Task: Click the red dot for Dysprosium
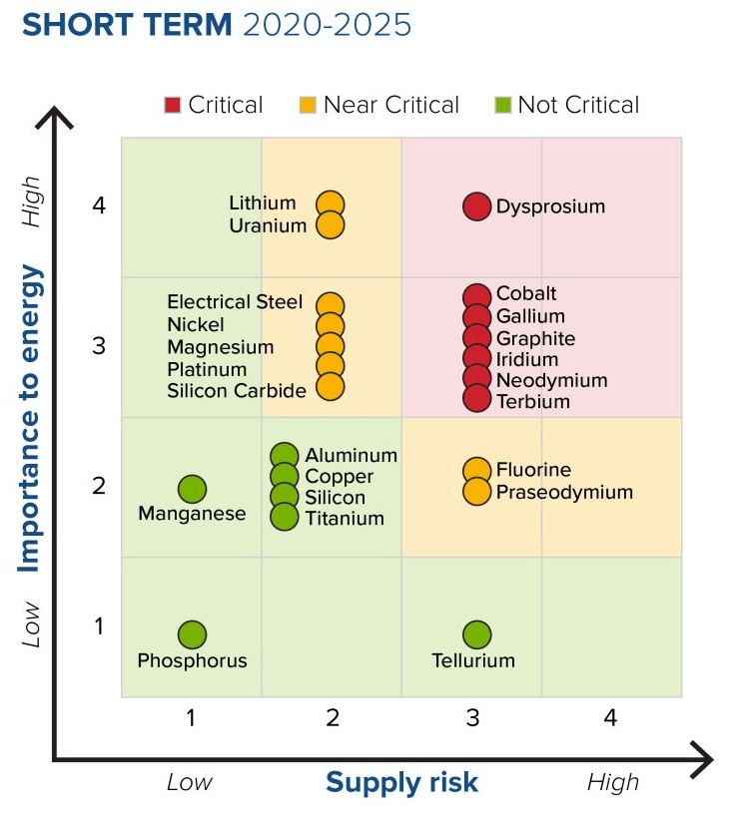tap(477, 206)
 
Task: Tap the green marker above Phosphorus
tap(192, 634)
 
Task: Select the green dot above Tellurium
tap(477, 634)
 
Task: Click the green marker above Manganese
tap(192, 489)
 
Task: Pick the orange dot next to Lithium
tap(331, 205)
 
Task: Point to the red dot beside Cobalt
tap(477, 295)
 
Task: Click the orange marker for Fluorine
tap(477, 470)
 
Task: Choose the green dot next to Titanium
tap(285, 517)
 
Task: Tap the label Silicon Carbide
tap(237, 390)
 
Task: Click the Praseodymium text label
tap(564, 492)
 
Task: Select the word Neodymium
tap(551, 380)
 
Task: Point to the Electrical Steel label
tap(235, 301)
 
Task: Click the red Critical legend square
tap(173, 105)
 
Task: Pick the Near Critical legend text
tap(390, 105)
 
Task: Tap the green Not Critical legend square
tap(503, 105)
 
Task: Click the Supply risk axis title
tap(401, 782)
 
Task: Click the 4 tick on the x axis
tap(610, 717)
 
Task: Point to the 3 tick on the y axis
tap(99, 346)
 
